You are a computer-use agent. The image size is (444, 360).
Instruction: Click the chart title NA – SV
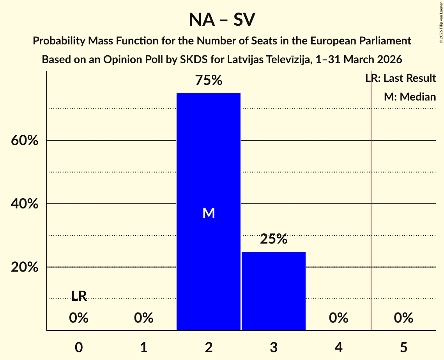coord(222,20)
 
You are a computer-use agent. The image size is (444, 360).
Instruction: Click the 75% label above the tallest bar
coord(209,81)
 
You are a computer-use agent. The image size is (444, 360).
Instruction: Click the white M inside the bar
coord(209,213)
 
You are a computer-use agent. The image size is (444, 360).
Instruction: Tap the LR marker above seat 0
coord(79,296)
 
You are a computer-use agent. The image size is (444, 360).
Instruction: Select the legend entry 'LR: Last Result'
coord(400,78)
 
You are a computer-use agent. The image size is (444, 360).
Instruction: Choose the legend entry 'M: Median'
coord(410,97)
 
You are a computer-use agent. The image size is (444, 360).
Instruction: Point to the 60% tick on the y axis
coord(25,141)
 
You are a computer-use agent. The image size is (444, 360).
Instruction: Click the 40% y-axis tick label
coord(25,204)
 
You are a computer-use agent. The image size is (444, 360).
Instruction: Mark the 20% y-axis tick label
coord(25,268)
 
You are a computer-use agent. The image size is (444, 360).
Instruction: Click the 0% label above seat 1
coord(144,318)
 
